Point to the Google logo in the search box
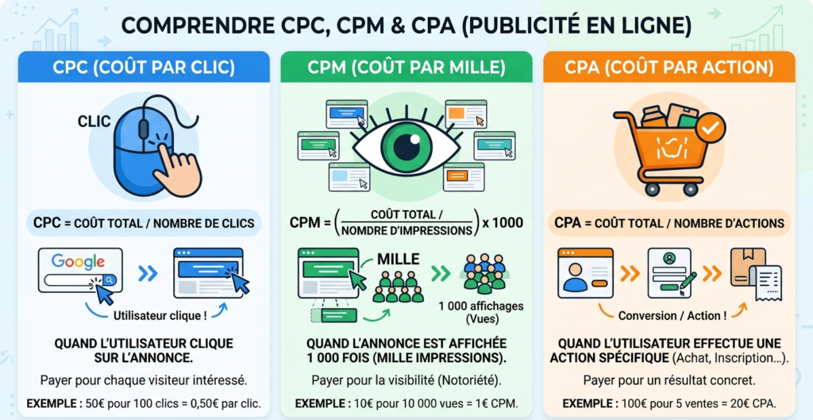tap(78, 262)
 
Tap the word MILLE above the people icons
tap(399, 259)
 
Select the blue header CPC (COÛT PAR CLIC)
tap(144, 67)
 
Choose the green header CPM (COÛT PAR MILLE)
tap(406, 67)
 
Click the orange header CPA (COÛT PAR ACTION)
tap(669, 67)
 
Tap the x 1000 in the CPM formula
tap(502, 222)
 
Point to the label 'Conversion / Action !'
tap(672, 315)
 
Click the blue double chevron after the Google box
tap(148, 274)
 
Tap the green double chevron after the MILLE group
tap(440, 274)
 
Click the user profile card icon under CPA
tap(585, 272)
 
